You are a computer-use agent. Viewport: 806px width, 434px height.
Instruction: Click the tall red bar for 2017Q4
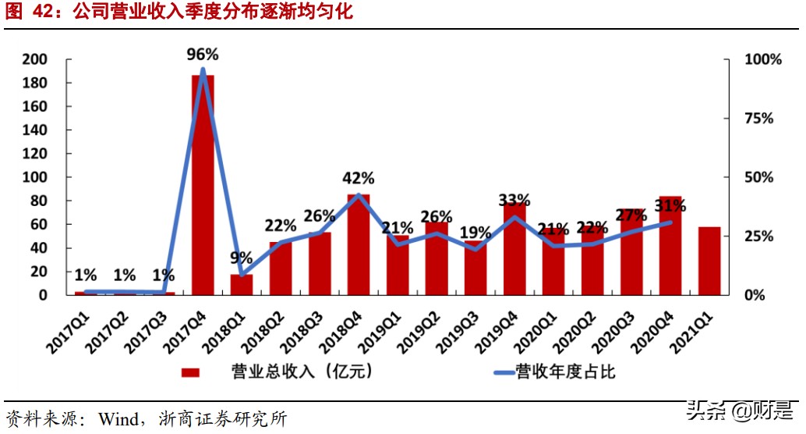point(203,187)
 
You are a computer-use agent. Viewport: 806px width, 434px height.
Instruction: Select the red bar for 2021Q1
point(709,261)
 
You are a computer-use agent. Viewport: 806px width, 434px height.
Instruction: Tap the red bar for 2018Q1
point(242,285)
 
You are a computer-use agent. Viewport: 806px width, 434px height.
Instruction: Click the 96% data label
point(203,55)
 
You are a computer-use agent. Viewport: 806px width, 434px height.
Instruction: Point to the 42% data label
point(359,178)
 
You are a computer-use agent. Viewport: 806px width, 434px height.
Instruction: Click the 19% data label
point(475,232)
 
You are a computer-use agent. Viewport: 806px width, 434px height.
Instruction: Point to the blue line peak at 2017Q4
point(203,70)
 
